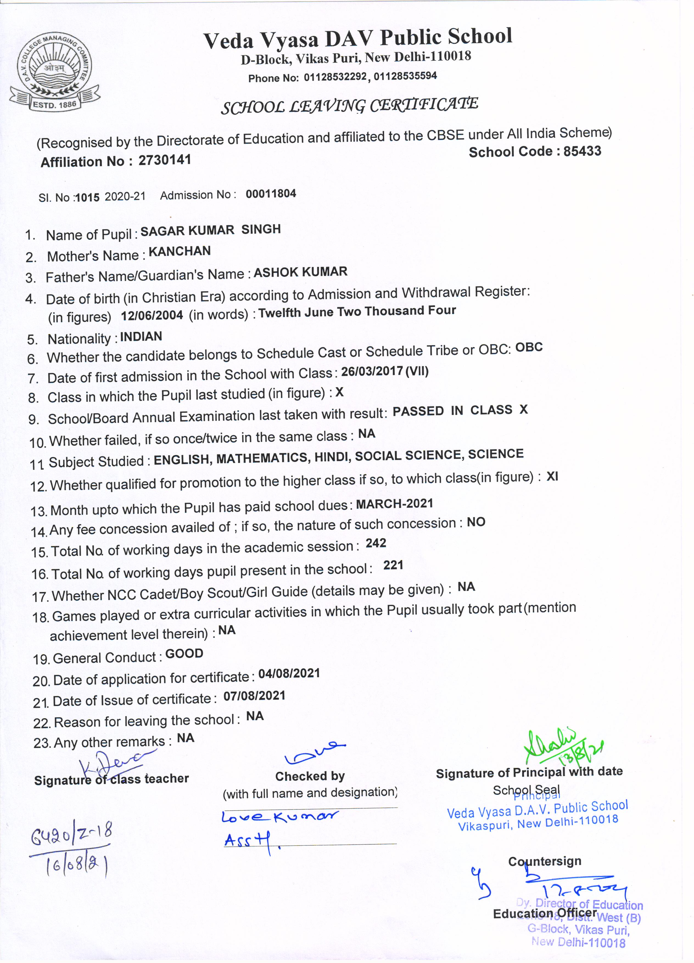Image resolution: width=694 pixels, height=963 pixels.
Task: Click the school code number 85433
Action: (582, 151)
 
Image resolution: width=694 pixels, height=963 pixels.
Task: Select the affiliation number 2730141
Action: (165, 160)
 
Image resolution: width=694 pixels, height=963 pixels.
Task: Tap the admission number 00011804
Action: (271, 194)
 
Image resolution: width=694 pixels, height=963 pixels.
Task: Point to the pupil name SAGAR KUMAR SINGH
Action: (211, 230)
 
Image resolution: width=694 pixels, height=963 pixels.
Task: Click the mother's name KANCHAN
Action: (180, 251)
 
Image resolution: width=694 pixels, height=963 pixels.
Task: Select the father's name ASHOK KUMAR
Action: (301, 272)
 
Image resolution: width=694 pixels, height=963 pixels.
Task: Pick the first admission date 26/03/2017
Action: (372, 371)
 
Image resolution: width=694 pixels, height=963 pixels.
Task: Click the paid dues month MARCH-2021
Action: (394, 504)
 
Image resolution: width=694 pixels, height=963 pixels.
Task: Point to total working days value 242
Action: (376, 543)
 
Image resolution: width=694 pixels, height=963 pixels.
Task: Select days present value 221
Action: (393, 565)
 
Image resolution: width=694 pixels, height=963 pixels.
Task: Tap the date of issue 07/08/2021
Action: (254, 696)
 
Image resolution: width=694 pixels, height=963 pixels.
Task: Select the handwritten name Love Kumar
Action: (280, 816)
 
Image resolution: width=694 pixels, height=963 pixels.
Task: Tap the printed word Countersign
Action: (545, 861)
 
